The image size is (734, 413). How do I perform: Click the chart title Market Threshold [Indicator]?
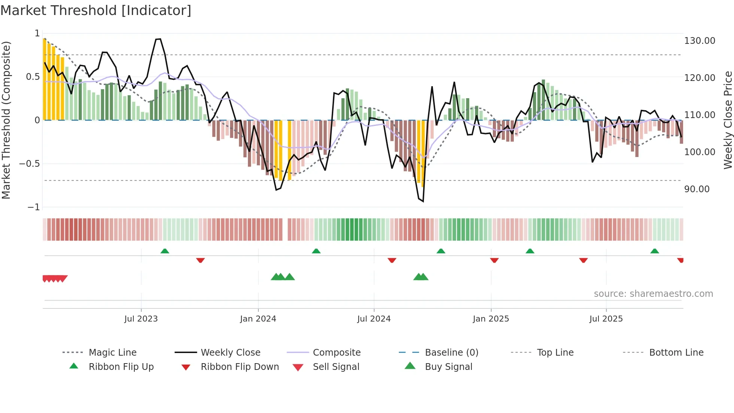click(96, 10)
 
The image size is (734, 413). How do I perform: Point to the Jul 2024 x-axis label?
click(374, 319)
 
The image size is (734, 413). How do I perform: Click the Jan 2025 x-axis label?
click(491, 319)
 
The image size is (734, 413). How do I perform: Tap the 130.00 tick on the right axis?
click(700, 41)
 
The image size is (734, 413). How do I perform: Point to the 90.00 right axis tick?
click(697, 189)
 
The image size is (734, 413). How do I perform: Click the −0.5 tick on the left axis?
click(29, 164)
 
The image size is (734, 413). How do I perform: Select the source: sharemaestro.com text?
click(653, 294)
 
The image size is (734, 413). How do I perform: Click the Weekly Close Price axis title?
click(728, 120)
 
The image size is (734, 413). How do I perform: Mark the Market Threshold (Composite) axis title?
click(6, 120)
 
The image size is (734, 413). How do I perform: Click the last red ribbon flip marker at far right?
click(680, 260)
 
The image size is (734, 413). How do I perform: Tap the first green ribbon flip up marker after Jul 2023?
click(165, 251)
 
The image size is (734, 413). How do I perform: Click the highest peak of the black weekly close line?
click(159, 39)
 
